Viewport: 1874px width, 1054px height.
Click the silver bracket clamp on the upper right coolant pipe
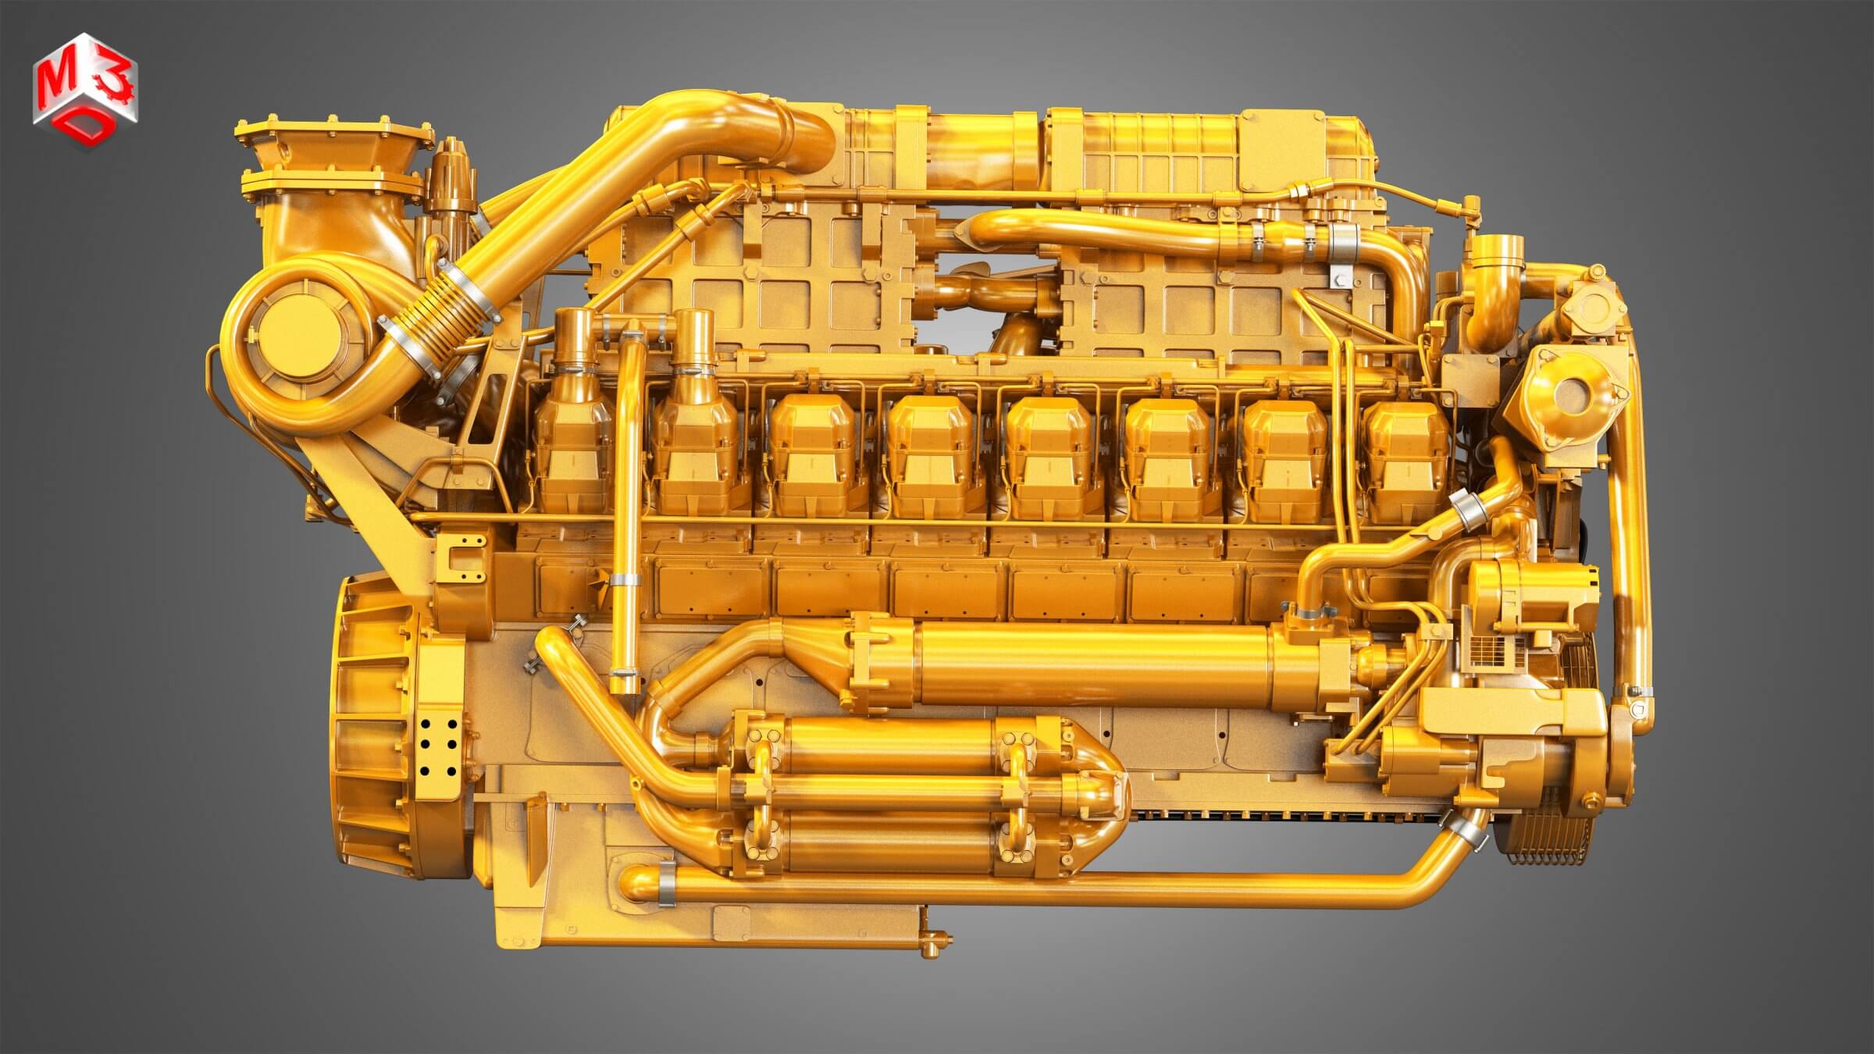point(1341,242)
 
